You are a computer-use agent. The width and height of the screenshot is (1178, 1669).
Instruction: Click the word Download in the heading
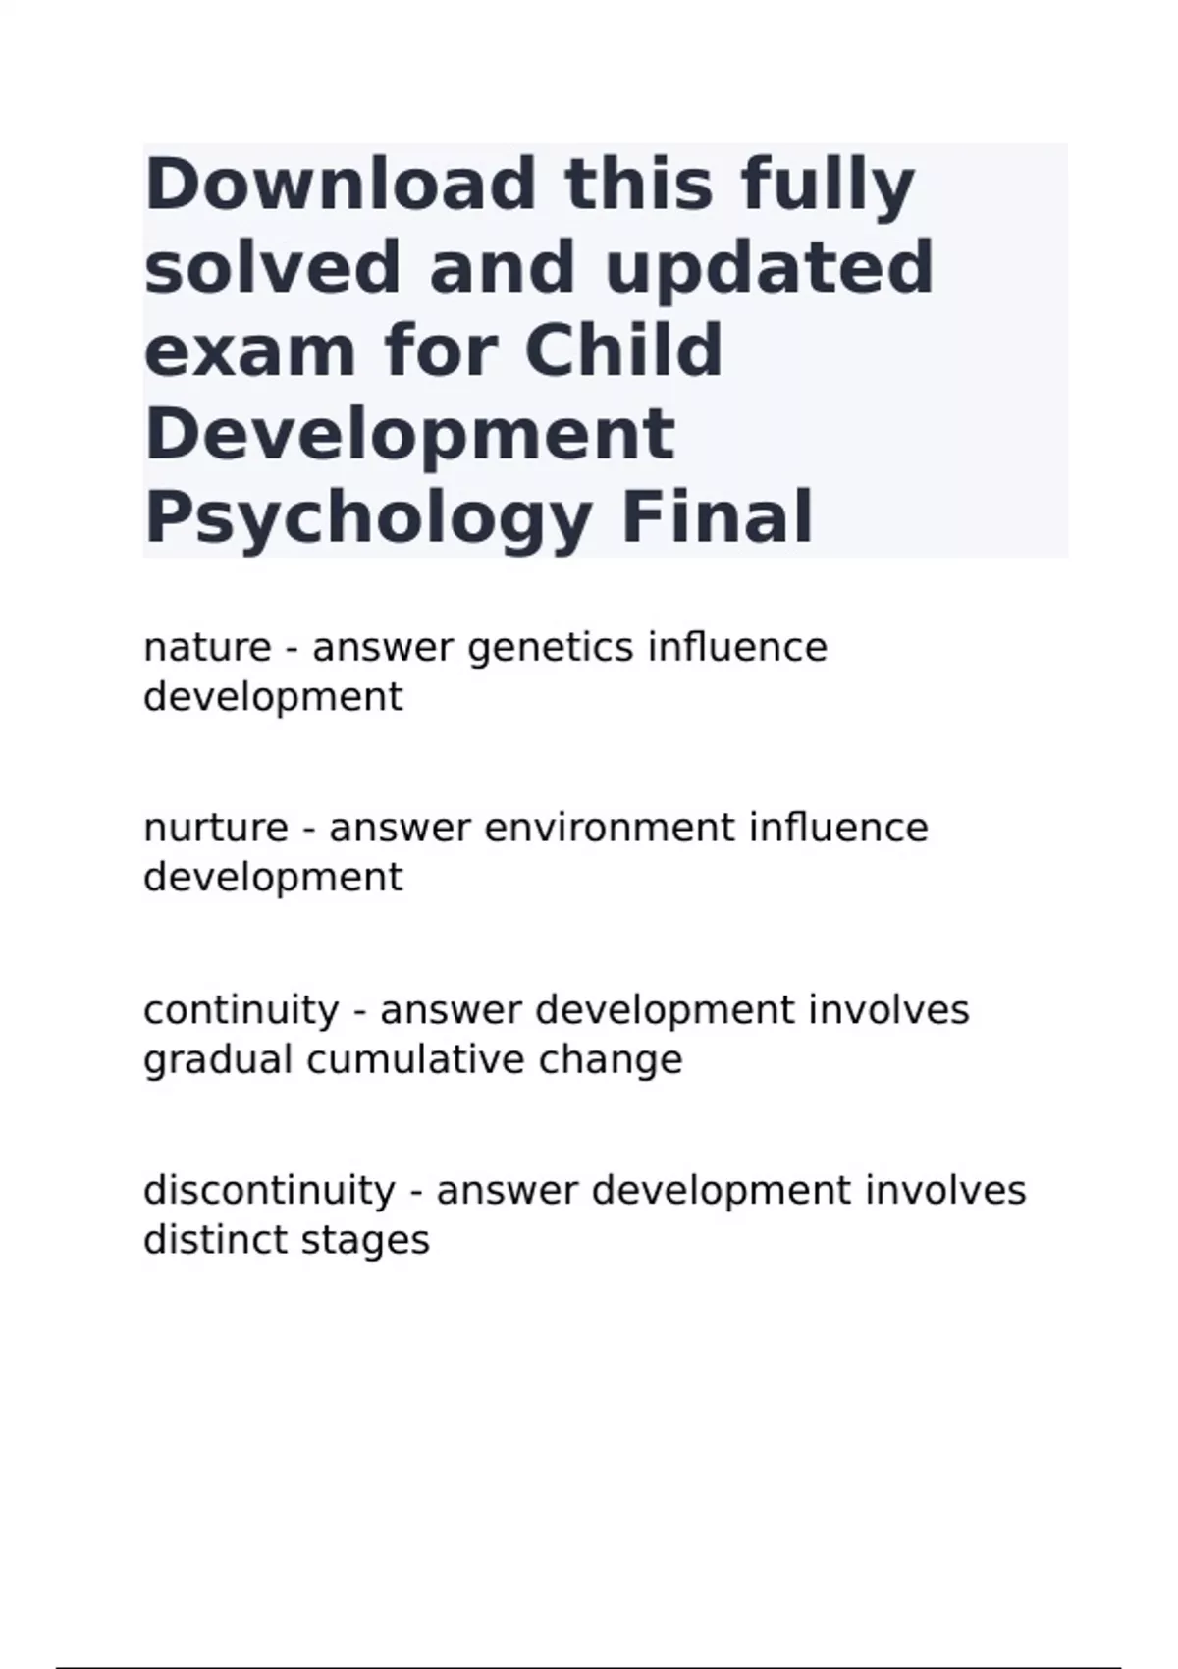tap(341, 184)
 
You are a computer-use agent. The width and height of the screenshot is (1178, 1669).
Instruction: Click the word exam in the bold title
tap(249, 351)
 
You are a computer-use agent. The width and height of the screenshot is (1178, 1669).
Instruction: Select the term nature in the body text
tap(207, 648)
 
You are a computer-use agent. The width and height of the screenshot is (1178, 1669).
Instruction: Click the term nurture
tap(215, 829)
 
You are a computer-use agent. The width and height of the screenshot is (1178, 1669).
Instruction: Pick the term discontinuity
tap(269, 1191)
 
